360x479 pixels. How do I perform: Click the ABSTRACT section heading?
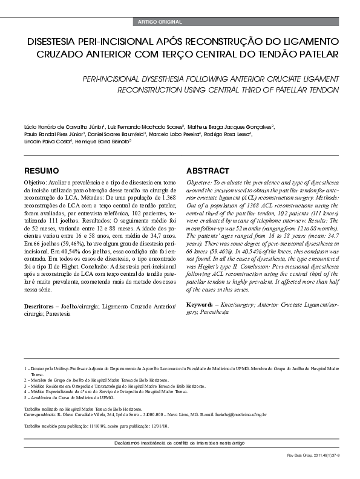pos(208,171)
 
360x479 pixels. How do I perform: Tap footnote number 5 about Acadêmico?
pos(25,398)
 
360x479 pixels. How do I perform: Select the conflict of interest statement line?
pos(180,443)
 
